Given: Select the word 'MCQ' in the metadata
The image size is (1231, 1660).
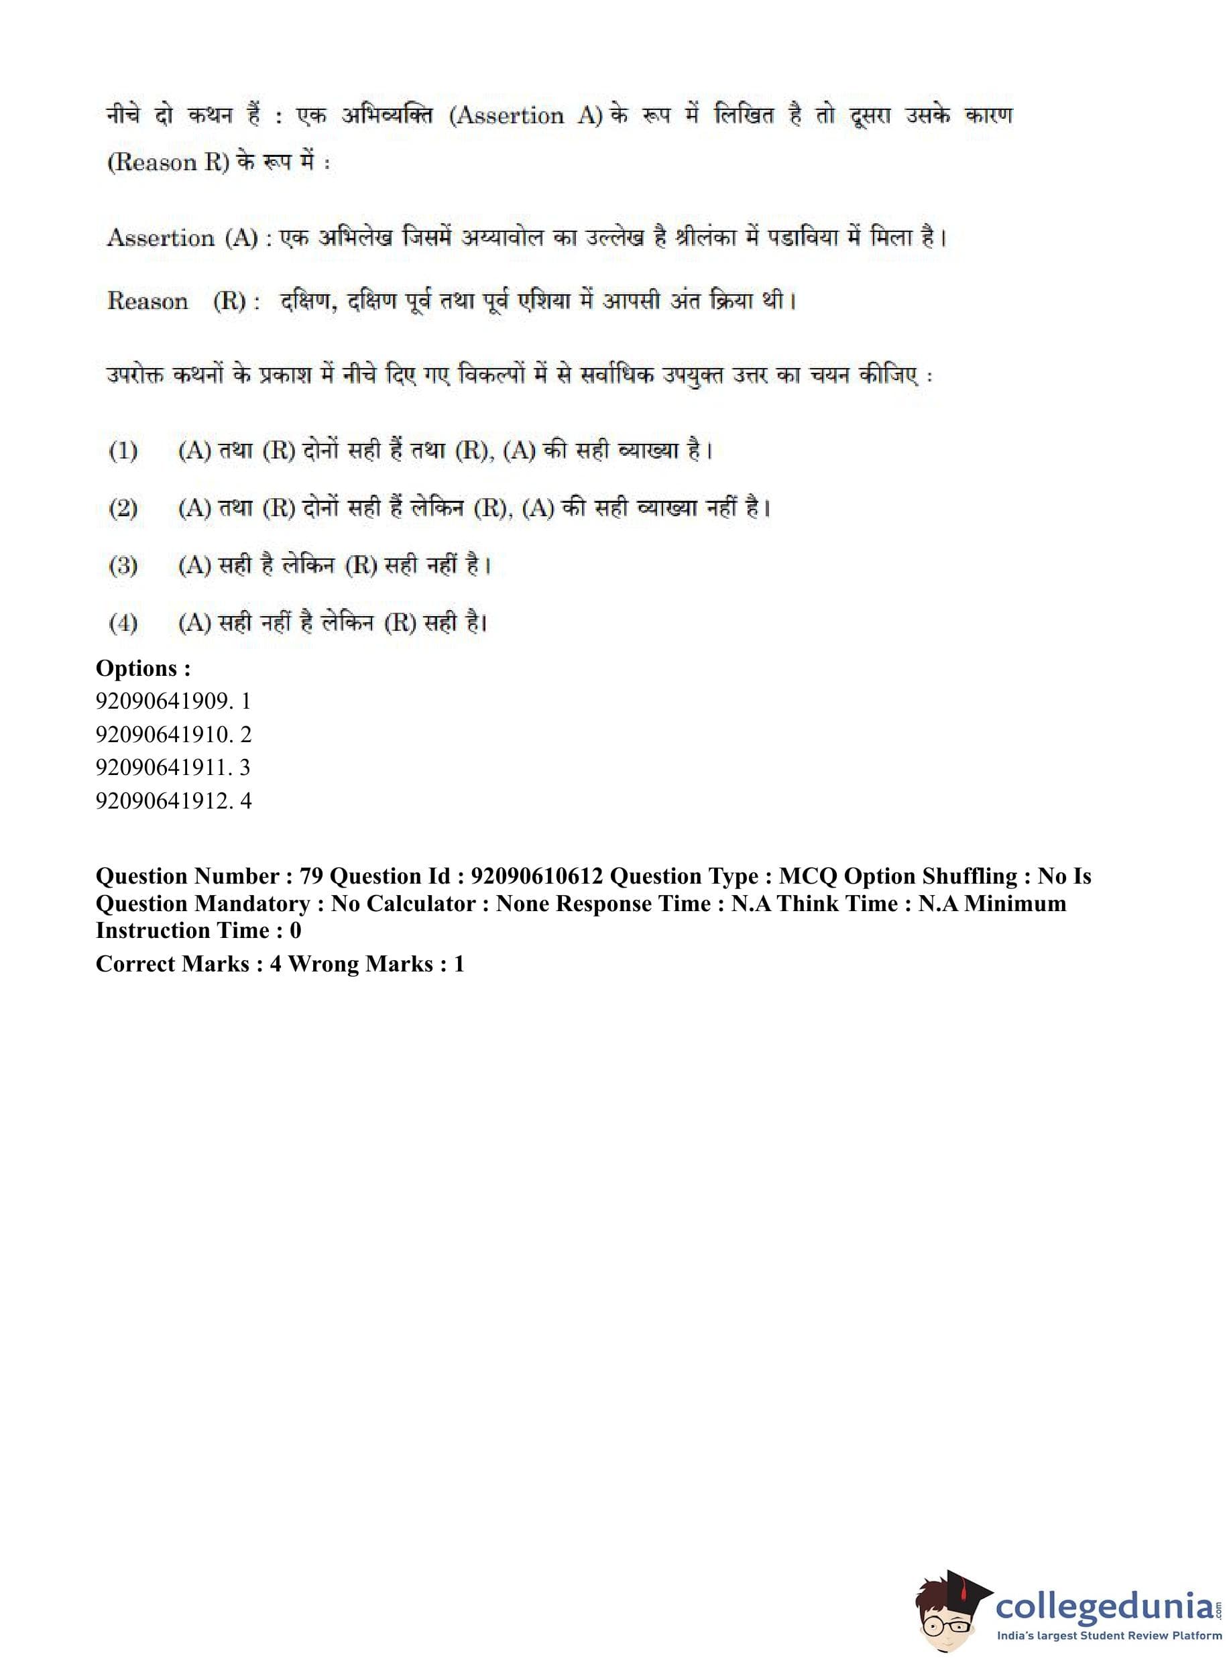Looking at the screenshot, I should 809,876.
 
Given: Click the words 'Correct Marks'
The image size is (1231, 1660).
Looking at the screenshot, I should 172,964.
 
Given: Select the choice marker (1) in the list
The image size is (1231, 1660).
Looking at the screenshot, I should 123,451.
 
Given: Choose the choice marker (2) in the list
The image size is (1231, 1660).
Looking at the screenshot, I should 123,509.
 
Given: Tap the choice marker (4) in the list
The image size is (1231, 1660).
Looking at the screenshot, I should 123,623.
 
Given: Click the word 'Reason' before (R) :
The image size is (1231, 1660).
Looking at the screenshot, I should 148,301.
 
